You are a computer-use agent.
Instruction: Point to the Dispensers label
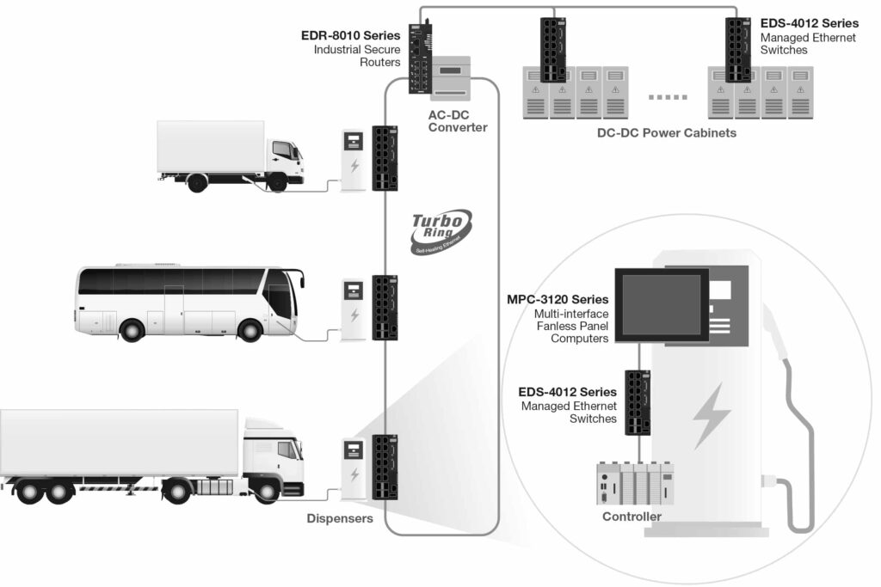point(340,518)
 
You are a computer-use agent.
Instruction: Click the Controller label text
point(631,517)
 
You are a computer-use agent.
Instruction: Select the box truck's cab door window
point(281,150)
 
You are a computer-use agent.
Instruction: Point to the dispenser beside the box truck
point(353,160)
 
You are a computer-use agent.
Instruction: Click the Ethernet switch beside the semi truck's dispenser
point(385,468)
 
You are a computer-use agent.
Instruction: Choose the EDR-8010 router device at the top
point(421,56)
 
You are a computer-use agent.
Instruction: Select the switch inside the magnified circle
point(638,401)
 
